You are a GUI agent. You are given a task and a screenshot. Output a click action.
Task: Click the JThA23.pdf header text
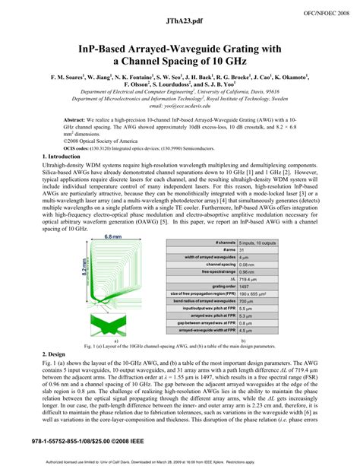[179, 14]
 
